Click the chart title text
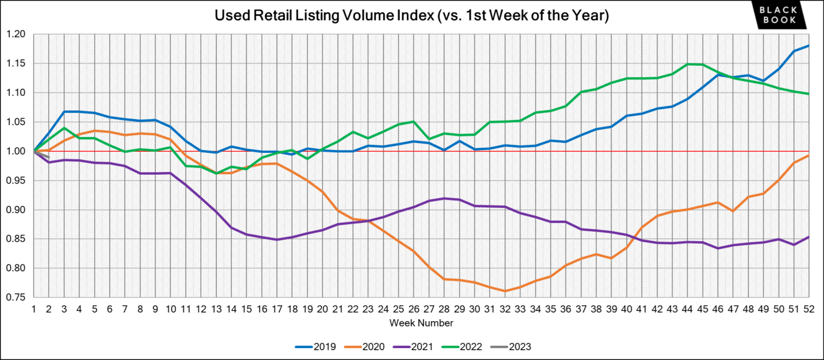pos(412,16)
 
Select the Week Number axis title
pos(421,323)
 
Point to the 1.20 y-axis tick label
pos(16,34)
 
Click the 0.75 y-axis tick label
pos(16,298)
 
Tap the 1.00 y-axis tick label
pos(16,151)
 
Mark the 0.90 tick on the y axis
pos(16,210)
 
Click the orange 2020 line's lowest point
pos(505,291)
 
